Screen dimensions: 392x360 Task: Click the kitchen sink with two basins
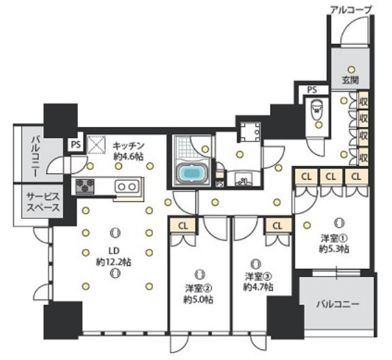click(x=127, y=186)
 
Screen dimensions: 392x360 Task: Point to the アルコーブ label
click(x=351, y=10)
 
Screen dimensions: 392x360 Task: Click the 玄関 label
click(x=351, y=80)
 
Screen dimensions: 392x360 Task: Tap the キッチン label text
click(x=129, y=146)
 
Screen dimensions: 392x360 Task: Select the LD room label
click(x=113, y=250)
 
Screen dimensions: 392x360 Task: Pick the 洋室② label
click(x=199, y=289)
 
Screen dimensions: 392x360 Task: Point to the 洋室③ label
click(x=258, y=276)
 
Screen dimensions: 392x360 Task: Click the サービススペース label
click(x=43, y=202)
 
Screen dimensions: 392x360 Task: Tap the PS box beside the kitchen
click(x=76, y=144)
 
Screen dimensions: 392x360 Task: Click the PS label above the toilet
click(x=311, y=90)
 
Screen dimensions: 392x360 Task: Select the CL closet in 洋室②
click(x=183, y=226)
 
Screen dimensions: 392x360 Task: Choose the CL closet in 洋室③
click(x=277, y=226)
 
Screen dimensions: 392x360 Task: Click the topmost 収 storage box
click(x=364, y=101)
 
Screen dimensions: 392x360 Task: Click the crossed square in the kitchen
click(x=96, y=144)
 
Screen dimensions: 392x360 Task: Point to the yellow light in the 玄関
click(x=352, y=69)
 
